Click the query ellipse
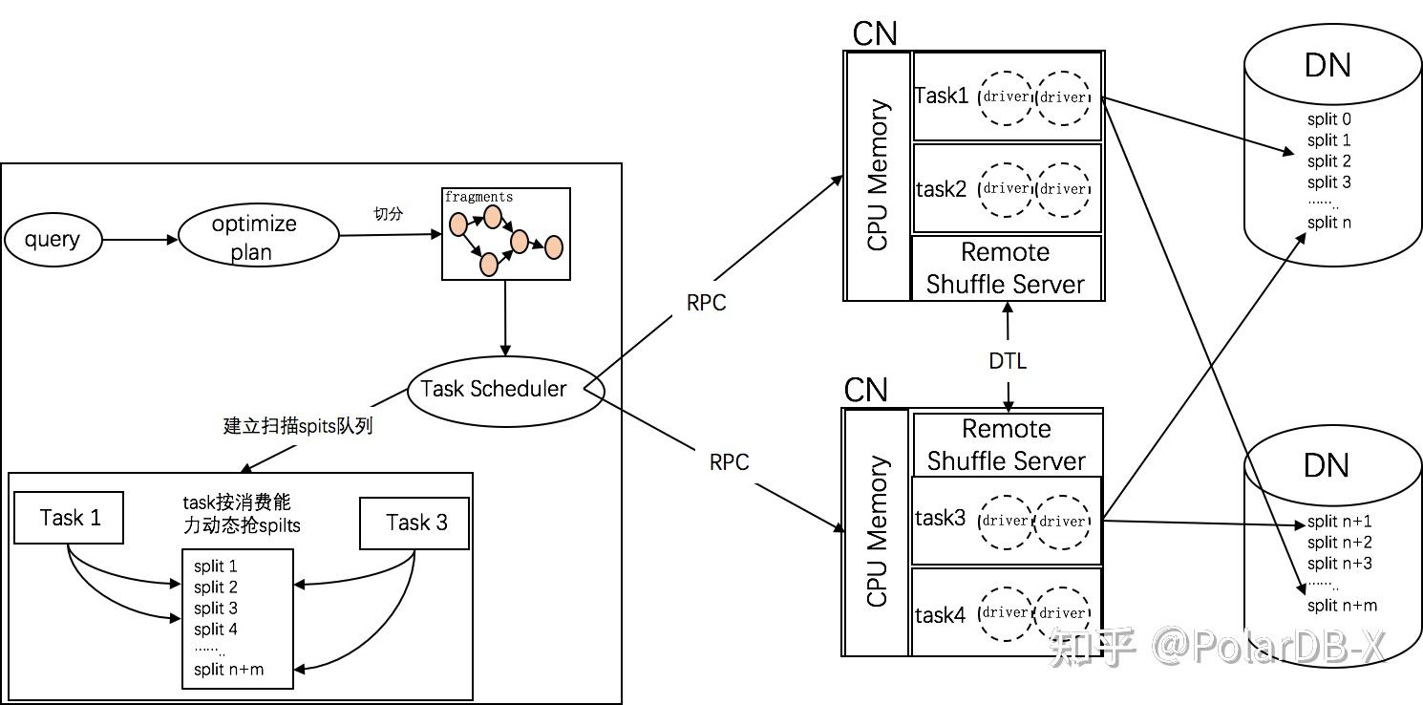53,240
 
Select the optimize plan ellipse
259,236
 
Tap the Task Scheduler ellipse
505,391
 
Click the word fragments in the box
478,197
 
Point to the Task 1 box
69,518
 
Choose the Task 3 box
414,523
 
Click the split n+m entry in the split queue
228,670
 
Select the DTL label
1008,361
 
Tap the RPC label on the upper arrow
706,303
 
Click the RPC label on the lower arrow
729,462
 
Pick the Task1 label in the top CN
942,96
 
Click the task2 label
941,189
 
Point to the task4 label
940,615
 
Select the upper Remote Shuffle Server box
1007,267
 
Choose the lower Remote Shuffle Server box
1008,444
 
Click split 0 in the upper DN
1329,118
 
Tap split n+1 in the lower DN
1339,522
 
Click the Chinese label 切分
388,214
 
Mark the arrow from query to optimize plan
140,240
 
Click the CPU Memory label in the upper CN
878,175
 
